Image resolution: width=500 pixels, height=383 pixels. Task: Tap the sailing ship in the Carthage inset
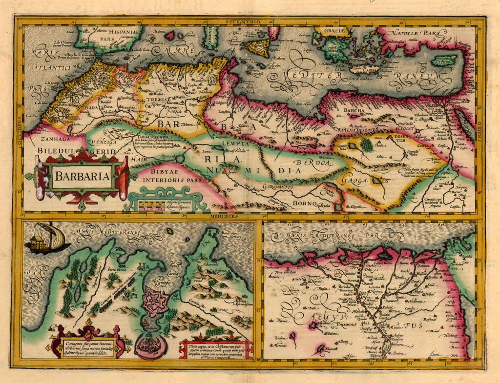(47, 239)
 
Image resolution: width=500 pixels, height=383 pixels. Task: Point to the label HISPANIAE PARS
(122, 35)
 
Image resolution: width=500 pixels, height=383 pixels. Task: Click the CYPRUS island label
(443, 60)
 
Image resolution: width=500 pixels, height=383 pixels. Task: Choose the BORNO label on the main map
(306, 203)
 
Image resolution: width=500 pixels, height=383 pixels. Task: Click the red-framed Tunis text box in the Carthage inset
(215, 349)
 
